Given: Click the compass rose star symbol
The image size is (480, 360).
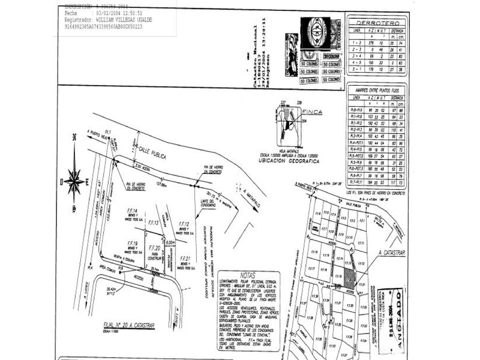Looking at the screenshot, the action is [x=74, y=179].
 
